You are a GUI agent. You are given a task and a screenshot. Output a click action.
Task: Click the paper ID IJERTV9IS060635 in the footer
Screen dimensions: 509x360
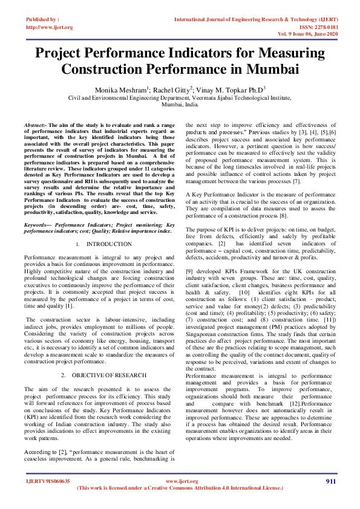point(47,481)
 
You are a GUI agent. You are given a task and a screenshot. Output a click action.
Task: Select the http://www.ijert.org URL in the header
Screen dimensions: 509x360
point(50,27)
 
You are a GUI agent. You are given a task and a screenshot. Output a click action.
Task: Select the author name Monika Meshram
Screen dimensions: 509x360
point(119,89)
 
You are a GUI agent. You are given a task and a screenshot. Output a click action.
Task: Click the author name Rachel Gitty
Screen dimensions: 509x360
point(172,89)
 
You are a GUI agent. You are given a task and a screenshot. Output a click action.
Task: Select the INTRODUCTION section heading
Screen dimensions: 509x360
point(108,244)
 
